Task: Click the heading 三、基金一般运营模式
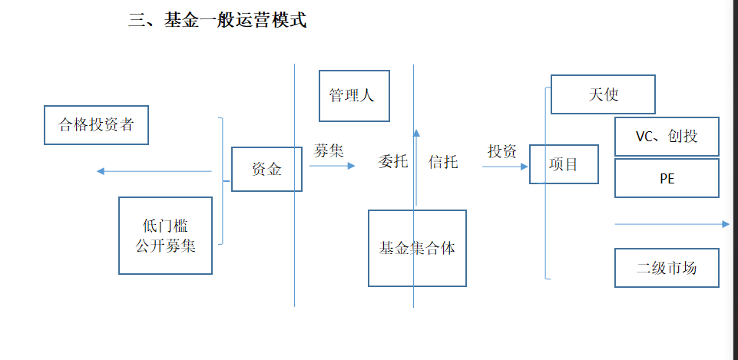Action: (217, 21)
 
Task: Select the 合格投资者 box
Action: (96, 125)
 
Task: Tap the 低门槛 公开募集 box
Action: (165, 236)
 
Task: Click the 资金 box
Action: (266, 169)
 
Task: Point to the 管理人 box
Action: (354, 96)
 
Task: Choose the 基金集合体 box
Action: (417, 248)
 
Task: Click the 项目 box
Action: (564, 164)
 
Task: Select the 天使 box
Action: (603, 94)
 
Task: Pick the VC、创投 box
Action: (667, 137)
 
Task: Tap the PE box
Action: (667, 178)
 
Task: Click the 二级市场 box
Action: (667, 268)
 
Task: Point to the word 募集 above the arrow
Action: (329, 150)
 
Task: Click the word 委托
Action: (393, 162)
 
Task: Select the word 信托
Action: (443, 162)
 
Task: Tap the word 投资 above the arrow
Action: (502, 151)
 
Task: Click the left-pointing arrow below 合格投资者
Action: (154, 171)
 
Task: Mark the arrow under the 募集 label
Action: (333, 165)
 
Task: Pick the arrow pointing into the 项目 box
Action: (505, 166)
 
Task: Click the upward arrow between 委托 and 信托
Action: (416, 169)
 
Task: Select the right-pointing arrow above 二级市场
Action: (672, 224)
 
